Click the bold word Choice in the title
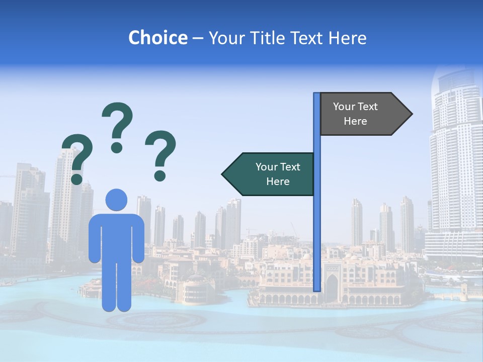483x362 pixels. coord(157,38)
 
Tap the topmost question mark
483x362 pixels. coord(117,126)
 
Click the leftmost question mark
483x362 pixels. coord(77,157)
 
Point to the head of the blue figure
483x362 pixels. coord(116,200)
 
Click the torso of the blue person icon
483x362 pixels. coord(116,236)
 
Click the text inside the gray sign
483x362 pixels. coord(355,114)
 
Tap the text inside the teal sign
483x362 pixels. coord(278,174)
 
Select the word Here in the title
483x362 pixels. coord(347,38)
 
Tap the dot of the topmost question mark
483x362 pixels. coord(117,148)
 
